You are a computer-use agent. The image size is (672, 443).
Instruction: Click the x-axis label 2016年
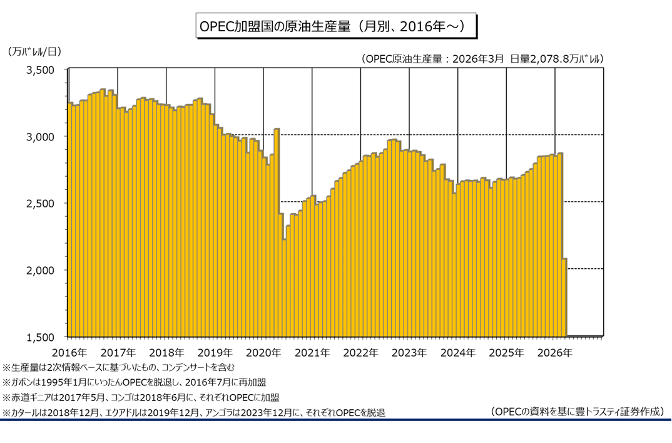(69, 353)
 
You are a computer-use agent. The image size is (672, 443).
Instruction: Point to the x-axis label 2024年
(458, 353)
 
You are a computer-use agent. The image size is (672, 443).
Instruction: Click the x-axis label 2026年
(555, 353)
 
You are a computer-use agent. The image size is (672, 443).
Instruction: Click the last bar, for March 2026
(564, 298)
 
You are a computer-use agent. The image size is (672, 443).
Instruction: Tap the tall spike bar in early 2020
(277, 232)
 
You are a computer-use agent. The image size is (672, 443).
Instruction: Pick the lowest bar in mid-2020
(284, 288)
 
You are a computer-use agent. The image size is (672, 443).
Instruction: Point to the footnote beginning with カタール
(194, 412)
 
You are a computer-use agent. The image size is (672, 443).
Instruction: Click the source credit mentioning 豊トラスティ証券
(576, 412)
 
